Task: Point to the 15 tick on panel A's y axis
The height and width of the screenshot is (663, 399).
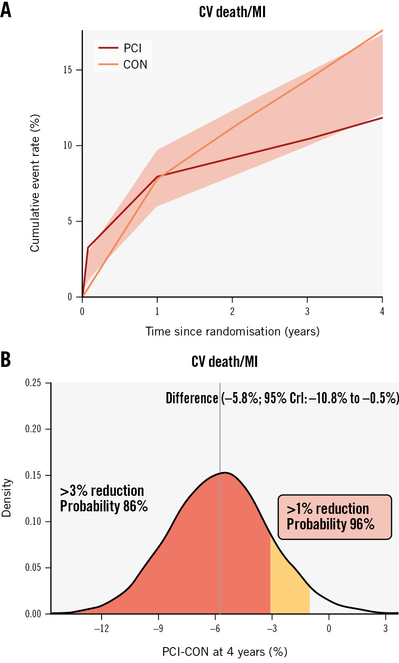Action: tap(68, 70)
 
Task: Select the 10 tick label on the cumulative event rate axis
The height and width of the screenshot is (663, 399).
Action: tap(68, 145)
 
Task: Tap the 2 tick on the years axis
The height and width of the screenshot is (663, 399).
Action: tap(232, 311)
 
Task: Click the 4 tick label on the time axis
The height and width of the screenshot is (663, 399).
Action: tap(382, 311)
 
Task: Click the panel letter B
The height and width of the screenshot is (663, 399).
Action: tap(6, 360)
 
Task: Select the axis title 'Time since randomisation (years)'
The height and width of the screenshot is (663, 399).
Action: tap(232, 331)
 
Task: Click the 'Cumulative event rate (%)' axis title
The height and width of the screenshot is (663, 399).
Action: tap(35, 183)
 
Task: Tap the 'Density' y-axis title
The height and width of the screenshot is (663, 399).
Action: tap(6, 498)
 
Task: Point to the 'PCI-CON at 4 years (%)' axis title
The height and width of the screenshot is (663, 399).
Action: tap(225, 652)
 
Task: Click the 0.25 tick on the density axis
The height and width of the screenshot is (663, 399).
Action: tap(33, 383)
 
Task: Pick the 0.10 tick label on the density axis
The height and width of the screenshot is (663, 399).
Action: tap(33, 521)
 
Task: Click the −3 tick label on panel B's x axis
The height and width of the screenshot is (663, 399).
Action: tap(271, 628)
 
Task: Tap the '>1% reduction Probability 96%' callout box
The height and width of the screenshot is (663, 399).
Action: tap(335, 517)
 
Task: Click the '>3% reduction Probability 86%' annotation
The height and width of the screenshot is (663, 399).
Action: tap(104, 498)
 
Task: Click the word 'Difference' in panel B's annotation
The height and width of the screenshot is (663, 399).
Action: tap(192, 398)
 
